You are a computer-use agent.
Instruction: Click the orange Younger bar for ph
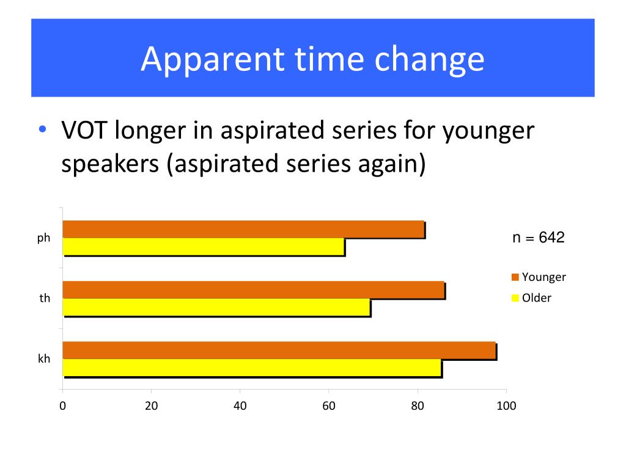(243, 229)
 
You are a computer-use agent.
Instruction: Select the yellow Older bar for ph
(204, 247)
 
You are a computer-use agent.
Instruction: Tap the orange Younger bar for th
(253, 289)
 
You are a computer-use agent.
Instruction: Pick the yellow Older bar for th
(216, 307)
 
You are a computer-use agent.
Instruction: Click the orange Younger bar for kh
(279, 350)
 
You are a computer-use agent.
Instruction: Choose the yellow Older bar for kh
(252, 368)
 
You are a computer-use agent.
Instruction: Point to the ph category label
(43, 238)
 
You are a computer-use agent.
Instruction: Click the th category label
(44, 299)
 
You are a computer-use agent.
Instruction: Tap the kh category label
(44, 359)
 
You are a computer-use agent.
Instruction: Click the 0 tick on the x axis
(63, 406)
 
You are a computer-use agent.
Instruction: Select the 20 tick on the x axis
(151, 406)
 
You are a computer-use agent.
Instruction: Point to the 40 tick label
(240, 406)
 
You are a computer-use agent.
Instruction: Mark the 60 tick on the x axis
(328, 406)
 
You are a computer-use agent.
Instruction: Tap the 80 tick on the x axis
(418, 406)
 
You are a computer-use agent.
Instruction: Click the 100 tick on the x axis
(506, 406)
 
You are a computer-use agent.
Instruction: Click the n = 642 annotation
(538, 238)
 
